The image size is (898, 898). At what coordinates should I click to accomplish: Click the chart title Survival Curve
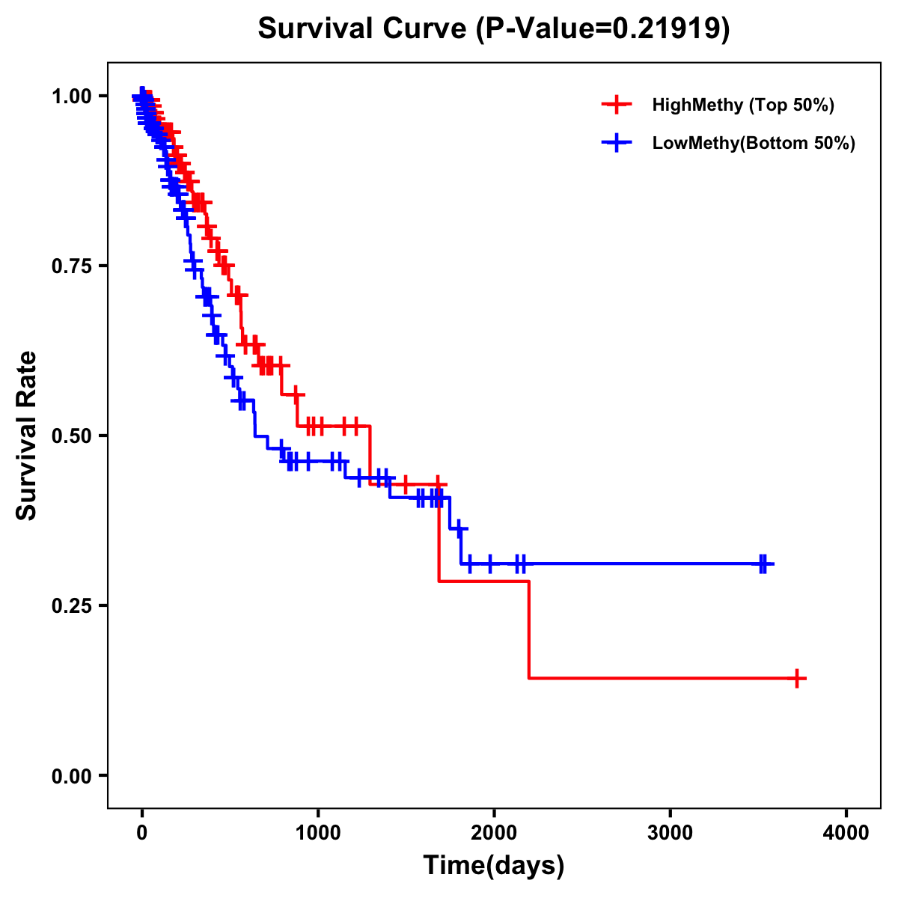[x=363, y=28]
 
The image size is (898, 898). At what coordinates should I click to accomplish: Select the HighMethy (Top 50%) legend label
[x=742, y=105]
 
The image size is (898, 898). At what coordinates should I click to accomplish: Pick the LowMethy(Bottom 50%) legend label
[x=753, y=143]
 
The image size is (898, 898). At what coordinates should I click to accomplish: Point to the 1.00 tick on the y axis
[x=71, y=96]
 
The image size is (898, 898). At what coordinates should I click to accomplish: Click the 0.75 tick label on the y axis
[x=71, y=266]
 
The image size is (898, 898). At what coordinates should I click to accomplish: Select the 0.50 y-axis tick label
[x=71, y=436]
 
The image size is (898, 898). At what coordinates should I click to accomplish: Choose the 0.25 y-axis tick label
[x=71, y=605]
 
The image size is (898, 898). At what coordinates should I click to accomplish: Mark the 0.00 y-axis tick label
[x=71, y=775]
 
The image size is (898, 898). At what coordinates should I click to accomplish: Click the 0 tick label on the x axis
[x=141, y=833]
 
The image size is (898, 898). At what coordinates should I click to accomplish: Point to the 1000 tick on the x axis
[x=318, y=833]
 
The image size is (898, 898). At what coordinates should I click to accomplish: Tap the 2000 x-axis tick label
[x=494, y=833]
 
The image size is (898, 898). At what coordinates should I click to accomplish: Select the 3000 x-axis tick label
[x=670, y=833]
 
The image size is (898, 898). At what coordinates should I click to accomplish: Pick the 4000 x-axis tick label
[x=846, y=833]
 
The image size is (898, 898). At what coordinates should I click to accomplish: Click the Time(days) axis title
[x=494, y=866]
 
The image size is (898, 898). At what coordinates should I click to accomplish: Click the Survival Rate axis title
[x=27, y=436]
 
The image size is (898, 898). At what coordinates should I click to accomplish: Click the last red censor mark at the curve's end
[x=798, y=679]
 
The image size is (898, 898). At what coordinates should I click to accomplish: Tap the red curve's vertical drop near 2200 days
[x=529, y=629]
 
